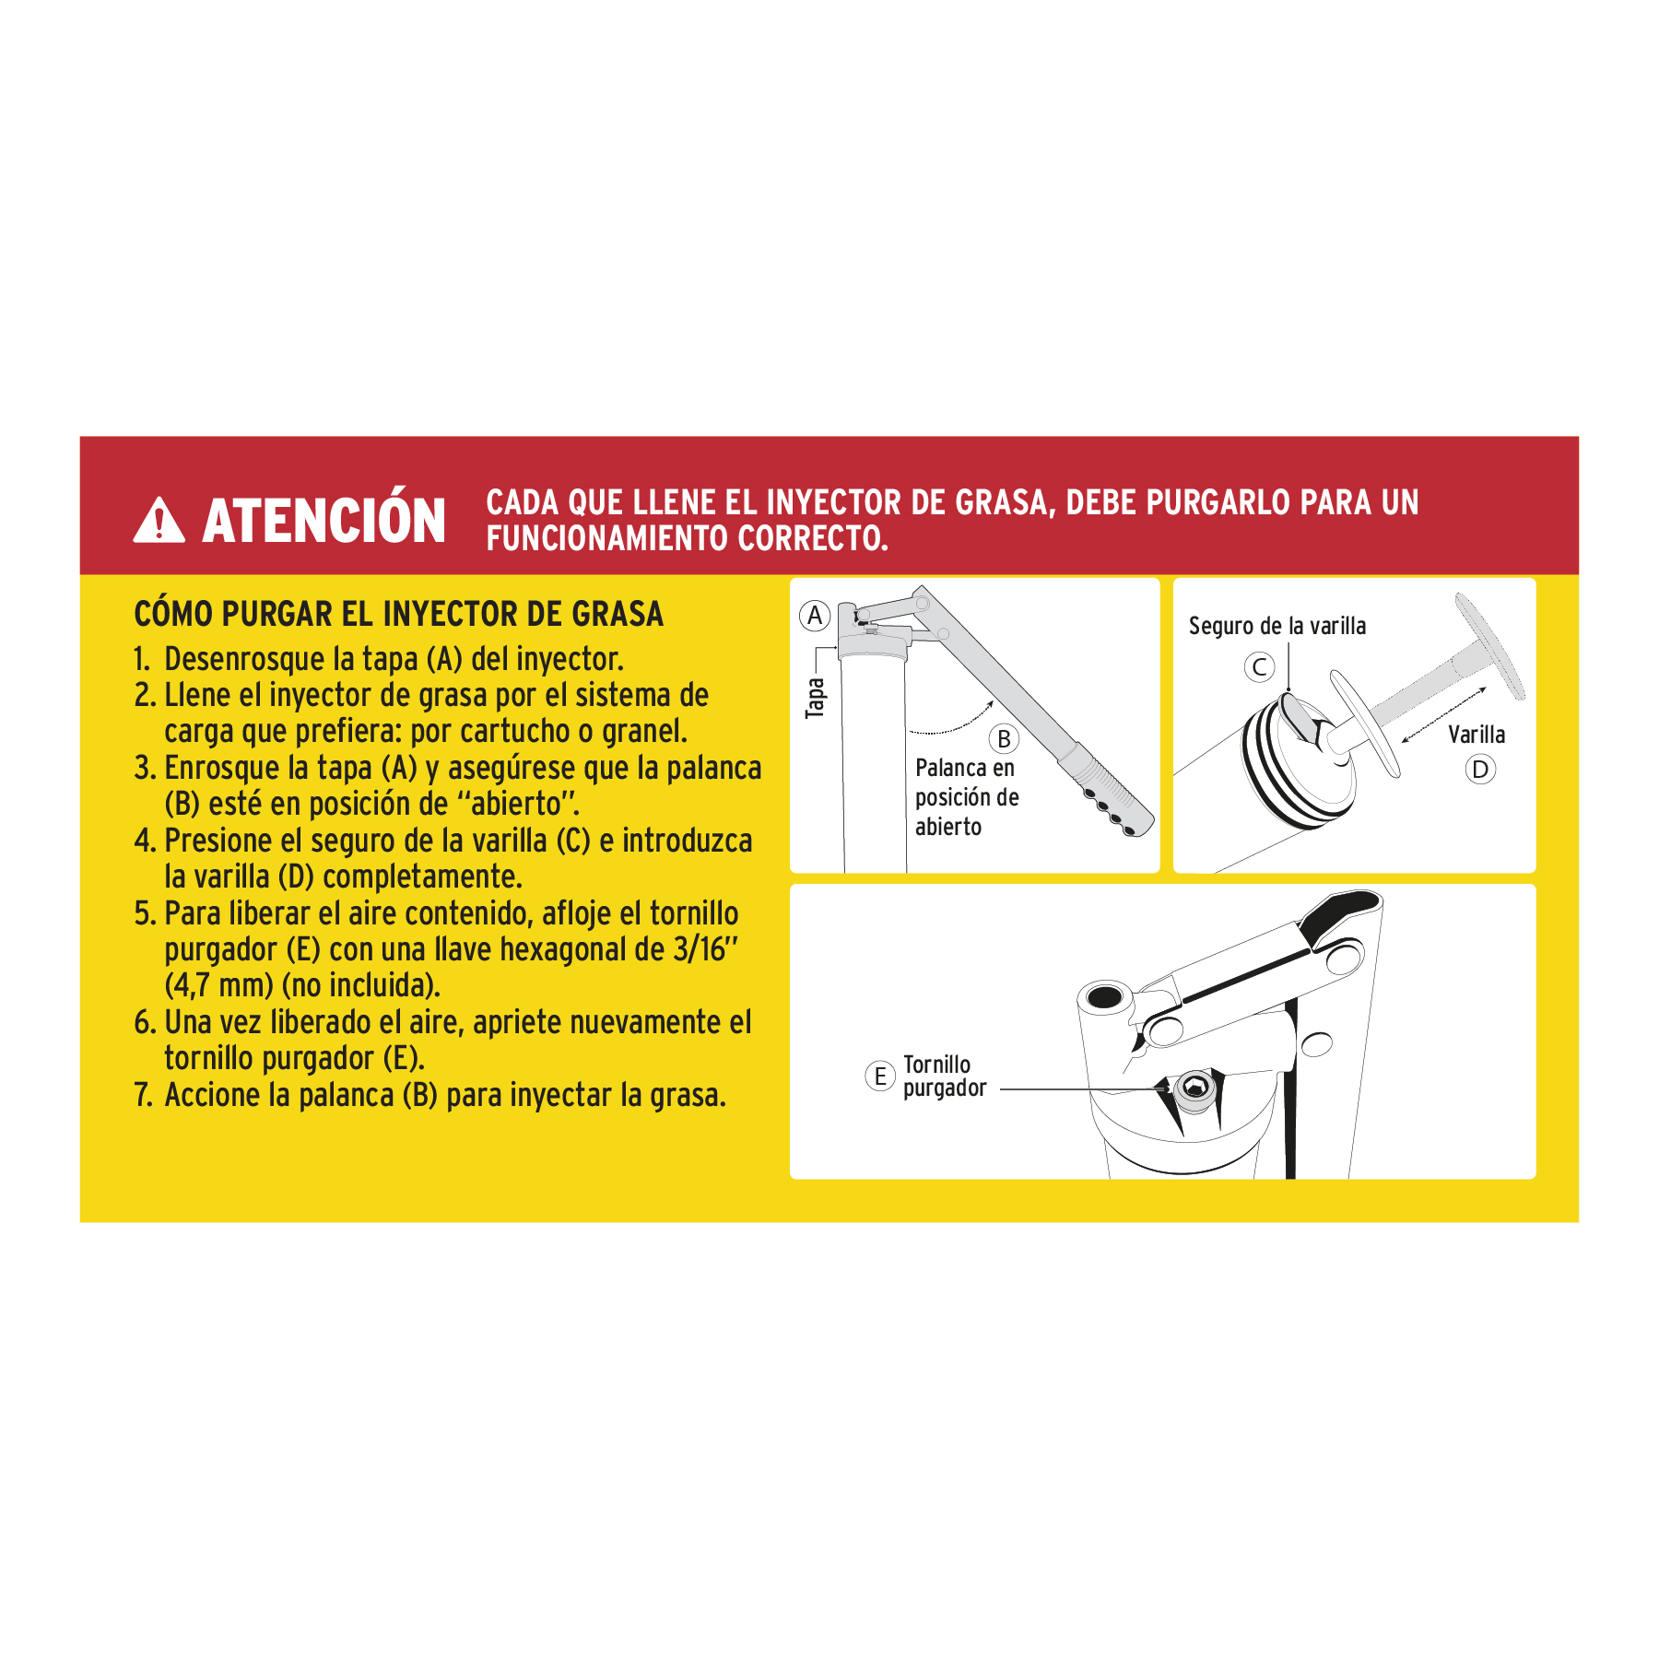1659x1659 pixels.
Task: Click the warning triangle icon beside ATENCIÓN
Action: [159, 523]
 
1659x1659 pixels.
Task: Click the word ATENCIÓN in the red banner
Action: [324, 521]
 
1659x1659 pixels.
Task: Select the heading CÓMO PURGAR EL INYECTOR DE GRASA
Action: [398, 614]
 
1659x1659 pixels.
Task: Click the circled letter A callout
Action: [815, 616]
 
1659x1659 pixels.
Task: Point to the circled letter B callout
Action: [1004, 739]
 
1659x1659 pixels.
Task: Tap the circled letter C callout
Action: [1259, 666]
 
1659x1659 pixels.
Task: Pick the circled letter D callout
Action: [1480, 770]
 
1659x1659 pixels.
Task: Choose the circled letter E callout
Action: [880, 1076]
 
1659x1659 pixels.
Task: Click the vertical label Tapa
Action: [815, 698]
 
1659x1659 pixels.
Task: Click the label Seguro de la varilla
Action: [1277, 627]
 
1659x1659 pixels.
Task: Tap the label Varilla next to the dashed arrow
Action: [1477, 735]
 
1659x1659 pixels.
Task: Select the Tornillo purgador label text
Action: [943, 1077]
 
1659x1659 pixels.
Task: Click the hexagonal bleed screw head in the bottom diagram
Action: [1195, 1088]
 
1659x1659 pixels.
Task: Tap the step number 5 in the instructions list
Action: [144, 914]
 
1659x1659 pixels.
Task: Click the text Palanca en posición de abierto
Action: [966, 797]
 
